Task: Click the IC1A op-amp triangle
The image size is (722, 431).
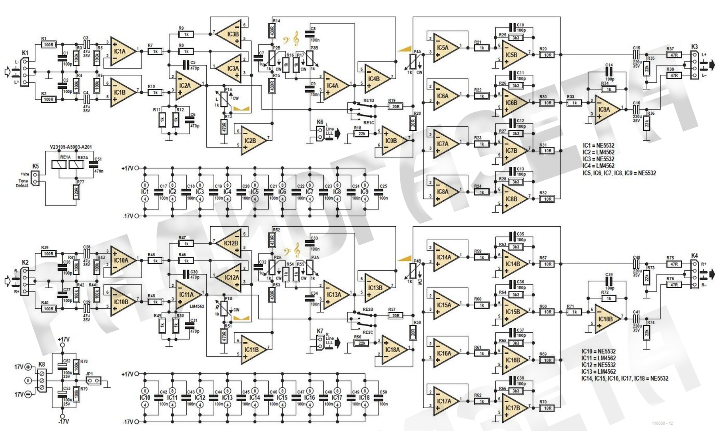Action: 123,51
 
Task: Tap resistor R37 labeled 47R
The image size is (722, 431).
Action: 674,55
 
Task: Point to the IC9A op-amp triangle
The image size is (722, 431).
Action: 606,109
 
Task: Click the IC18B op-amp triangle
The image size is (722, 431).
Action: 607,319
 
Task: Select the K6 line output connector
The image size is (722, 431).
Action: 319,133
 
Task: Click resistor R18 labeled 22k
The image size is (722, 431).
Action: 361,134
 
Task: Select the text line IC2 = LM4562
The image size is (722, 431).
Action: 598,152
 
